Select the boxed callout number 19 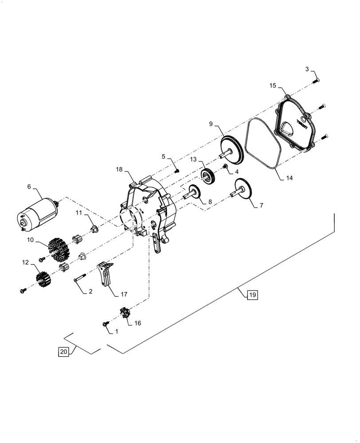252,295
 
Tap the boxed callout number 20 63,352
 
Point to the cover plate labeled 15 294,127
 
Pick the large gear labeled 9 232,149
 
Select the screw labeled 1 106,325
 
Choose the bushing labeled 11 94,229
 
